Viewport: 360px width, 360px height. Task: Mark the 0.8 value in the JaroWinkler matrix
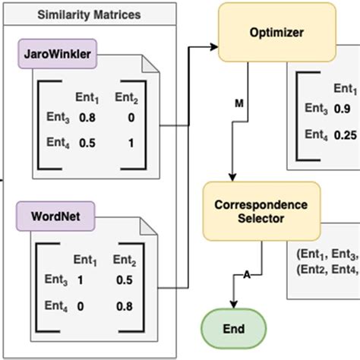88,118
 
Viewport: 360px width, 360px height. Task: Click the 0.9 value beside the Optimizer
343,109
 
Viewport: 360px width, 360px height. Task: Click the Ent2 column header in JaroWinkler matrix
126,97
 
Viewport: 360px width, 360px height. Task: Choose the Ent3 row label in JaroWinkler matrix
55,118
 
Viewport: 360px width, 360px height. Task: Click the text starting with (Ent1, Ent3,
325,254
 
